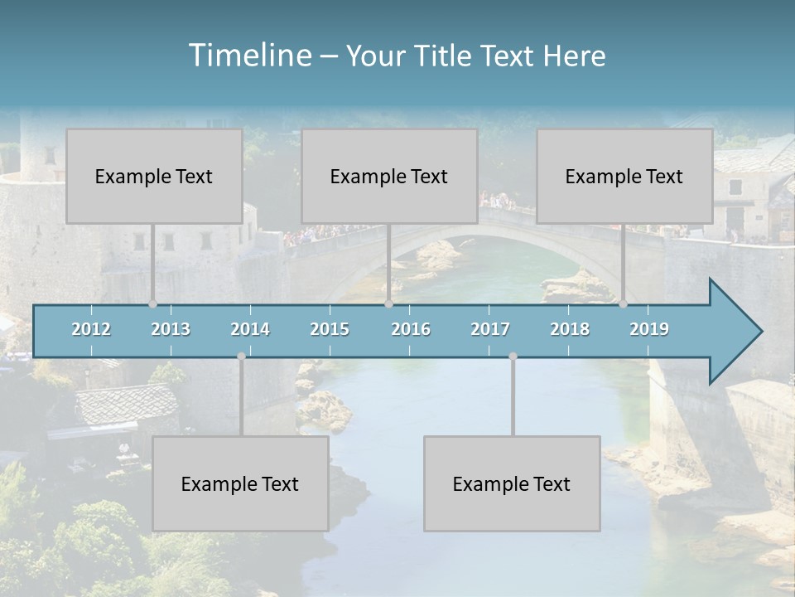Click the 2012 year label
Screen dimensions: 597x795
pos(91,329)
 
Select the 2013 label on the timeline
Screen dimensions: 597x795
pos(171,329)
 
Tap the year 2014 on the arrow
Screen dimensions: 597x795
pos(250,329)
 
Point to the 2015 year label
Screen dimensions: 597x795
pos(330,329)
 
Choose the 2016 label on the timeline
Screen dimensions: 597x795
pos(411,329)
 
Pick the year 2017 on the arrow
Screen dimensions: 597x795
pos(490,329)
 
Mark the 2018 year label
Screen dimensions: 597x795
pos(570,329)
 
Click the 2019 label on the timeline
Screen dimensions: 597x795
pos(649,329)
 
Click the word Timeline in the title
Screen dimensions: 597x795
pos(248,56)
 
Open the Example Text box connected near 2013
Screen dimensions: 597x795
pos(154,176)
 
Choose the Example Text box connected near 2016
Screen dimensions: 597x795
pos(389,176)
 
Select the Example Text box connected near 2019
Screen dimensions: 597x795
pos(624,176)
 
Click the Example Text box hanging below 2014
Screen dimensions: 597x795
pos(240,483)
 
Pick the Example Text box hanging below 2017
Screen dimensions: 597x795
pos(512,483)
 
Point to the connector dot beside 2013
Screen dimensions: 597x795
pos(152,303)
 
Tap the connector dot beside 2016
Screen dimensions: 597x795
pos(388,303)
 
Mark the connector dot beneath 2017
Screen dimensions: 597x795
pos(513,357)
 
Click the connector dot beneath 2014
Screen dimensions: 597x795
pos(241,357)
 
